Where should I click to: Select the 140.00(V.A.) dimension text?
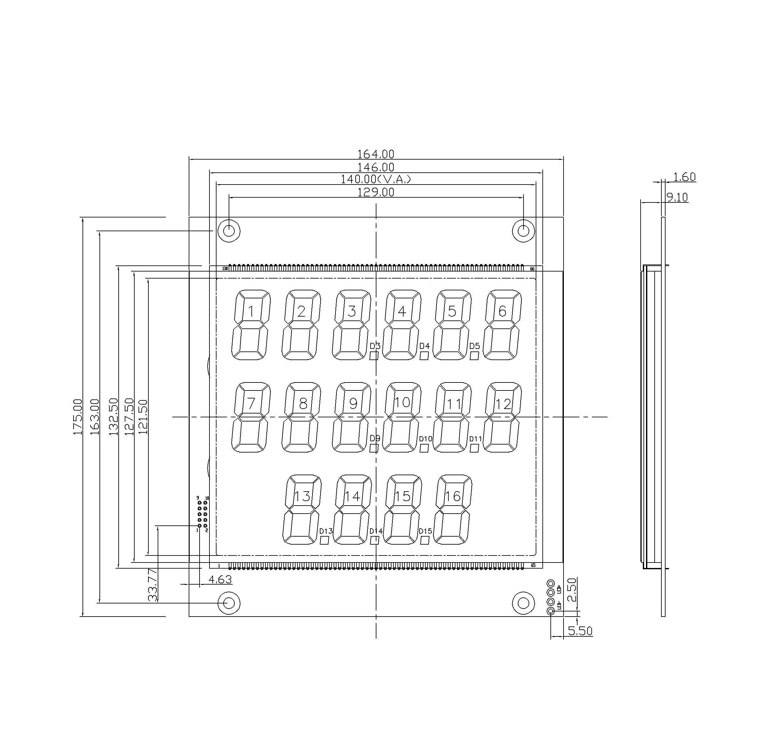pyautogui.click(x=375, y=179)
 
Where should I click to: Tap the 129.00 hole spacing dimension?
pyautogui.click(x=375, y=192)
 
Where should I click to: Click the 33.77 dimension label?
pyautogui.click(x=153, y=585)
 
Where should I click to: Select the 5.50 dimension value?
pyautogui.click(x=580, y=631)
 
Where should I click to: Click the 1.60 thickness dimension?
pyautogui.click(x=684, y=177)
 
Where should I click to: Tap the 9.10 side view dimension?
pyautogui.click(x=677, y=197)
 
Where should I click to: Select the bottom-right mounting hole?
pyautogui.click(x=524, y=603)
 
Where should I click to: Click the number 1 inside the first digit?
pyautogui.click(x=251, y=312)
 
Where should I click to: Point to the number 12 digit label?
pyautogui.click(x=503, y=404)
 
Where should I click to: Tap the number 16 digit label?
pyautogui.click(x=453, y=497)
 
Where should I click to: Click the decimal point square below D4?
pyautogui.click(x=424, y=356)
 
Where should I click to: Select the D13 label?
pyautogui.click(x=326, y=531)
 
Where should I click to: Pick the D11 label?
pyautogui.click(x=475, y=439)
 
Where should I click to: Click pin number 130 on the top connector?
pyautogui.click(x=225, y=269)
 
